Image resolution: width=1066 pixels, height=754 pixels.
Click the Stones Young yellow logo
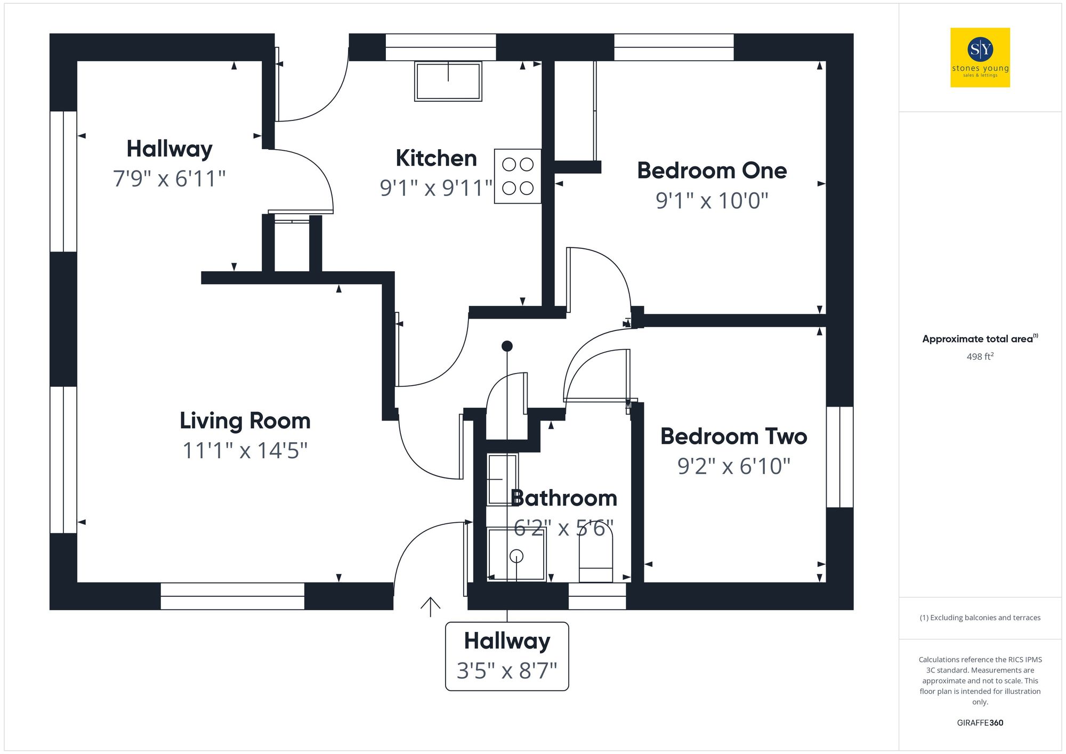coord(980,58)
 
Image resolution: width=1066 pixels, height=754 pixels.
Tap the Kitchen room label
coord(436,158)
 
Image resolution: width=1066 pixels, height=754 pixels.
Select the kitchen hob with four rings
coord(518,176)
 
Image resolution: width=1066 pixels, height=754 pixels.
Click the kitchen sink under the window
coord(448,81)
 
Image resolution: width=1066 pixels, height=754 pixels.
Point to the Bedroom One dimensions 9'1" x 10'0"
coord(712,201)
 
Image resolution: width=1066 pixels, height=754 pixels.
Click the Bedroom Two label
coord(733,436)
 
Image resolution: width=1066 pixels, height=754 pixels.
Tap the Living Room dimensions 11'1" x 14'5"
coord(245,451)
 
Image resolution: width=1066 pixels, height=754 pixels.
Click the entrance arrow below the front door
coord(430,606)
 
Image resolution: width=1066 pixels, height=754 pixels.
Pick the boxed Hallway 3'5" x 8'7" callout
coord(507,656)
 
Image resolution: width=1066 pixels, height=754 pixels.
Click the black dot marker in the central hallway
coord(507,346)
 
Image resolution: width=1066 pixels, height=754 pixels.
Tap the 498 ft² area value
coord(980,356)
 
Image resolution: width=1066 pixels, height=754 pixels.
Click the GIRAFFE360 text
coord(980,723)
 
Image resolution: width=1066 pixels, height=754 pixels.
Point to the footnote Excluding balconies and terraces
coord(980,618)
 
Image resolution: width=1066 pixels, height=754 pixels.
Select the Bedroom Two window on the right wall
coord(839,457)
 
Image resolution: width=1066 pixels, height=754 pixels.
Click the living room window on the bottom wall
coord(232,596)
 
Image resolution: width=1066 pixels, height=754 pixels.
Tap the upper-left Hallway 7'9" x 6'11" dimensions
coord(169,179)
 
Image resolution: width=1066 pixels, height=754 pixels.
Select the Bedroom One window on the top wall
coord(674,47)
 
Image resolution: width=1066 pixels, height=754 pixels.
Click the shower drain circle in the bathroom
coord(516,556)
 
